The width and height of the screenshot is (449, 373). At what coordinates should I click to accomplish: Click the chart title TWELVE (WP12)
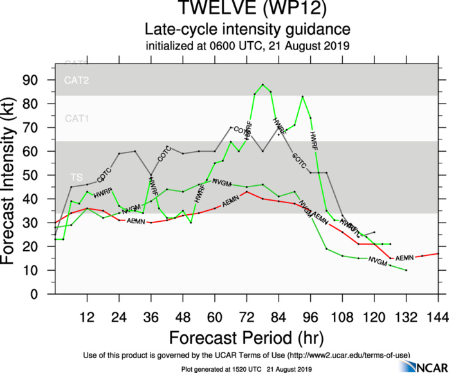tap(247, 10)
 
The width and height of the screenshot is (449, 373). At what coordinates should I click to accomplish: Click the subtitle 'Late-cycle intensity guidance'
tap(247, 30)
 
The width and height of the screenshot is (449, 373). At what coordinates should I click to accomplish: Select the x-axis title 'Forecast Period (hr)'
tap(246, 338)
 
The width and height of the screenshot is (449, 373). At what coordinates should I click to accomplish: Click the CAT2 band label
tap(77, 80)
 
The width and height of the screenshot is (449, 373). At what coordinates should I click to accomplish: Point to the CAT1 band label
tap(77, 118)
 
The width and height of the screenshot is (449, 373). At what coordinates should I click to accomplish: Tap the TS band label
tap(77, 176)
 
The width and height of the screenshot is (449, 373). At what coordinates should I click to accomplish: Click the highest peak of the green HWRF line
tap(262, 84)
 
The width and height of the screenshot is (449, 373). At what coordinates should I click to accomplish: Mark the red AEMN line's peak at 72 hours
tap(247, 192)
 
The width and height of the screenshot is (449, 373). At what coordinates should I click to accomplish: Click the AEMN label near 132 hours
tap(404, 258)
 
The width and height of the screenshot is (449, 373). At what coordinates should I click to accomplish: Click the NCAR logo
tap(422, 366)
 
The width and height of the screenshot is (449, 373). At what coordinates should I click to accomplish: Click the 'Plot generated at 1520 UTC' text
tap(246, 368)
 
